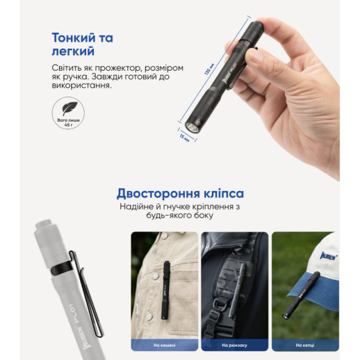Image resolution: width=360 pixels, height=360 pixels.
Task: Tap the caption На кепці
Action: [304, 344]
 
